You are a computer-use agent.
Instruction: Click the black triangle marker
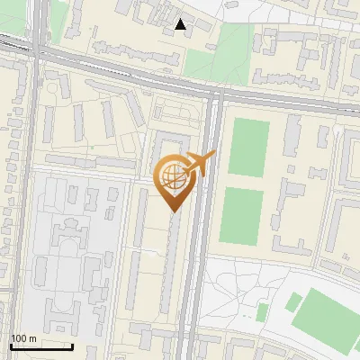pyautogui.click(x=182, y=25)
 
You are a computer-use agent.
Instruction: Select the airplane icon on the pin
pyautogui.click(x=200, y=164)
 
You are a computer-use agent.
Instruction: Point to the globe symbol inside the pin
pyautogui.click(x=172, y=175)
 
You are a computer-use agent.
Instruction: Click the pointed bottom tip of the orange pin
pyautogui.click(x=173, y=211)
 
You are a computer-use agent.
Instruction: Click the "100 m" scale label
pyautogui.click(x=23, y=338)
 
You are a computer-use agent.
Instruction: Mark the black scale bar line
pyautogui.click(x=41, y=346)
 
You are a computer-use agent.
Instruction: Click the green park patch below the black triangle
pyautogui.click(x=212, y=58)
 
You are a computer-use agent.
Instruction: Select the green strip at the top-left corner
pyautogui.click(x=59, y=13)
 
